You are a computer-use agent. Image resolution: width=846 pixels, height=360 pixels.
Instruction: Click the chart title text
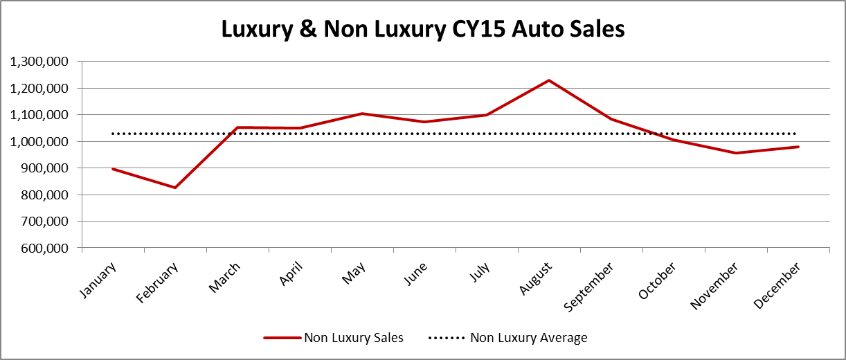[x=423, y=29]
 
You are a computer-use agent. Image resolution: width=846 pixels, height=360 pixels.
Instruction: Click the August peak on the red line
[x=549, y=80]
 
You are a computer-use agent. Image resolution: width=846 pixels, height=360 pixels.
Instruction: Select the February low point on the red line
[x=174, y=188]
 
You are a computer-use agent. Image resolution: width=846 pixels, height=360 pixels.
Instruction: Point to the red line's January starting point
[x=112, y=168]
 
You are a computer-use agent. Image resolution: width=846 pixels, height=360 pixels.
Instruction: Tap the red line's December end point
[x=798, y=147]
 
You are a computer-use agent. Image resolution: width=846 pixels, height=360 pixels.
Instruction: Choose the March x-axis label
[x=224, y=277]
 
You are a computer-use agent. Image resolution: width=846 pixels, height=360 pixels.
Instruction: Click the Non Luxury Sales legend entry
[x=353, y=338]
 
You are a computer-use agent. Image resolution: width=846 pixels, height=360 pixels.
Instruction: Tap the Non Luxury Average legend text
[x=528, y=338]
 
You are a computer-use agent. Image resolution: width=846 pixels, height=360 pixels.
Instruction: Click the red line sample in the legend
[x=281, y=338]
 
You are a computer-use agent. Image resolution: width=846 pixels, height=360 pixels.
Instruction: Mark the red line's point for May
[x=362, y=114]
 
